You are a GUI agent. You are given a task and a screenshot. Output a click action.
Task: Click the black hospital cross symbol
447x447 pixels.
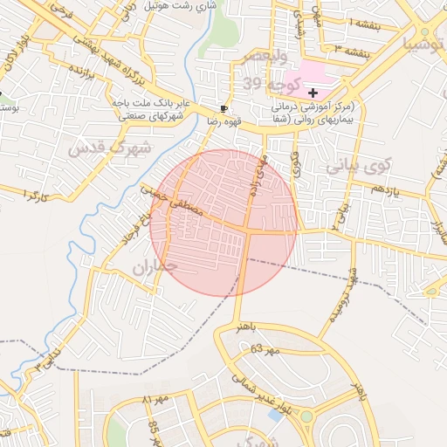coord(313,93)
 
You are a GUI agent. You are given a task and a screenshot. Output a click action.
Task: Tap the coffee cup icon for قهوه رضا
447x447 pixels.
coord(223,109)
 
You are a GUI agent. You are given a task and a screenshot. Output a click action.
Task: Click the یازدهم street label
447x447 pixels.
coord(387,189)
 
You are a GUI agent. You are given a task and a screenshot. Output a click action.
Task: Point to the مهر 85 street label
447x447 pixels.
coord(155,430)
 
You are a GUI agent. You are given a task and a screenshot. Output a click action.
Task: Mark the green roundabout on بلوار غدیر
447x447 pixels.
coord(306,416)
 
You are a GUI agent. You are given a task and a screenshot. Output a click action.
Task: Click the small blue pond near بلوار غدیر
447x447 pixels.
coord(277,415)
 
